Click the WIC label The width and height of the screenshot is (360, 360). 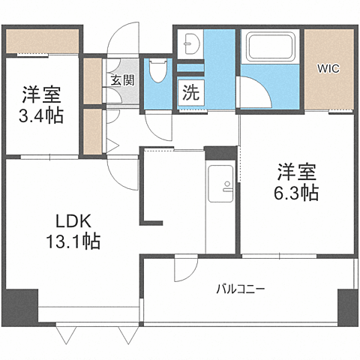point(328,69)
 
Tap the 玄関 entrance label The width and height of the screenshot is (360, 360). point(122,79)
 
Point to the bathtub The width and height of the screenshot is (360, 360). point(271,48)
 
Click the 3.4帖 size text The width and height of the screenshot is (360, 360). point(41,115)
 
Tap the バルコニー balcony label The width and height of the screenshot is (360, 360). point(240,288)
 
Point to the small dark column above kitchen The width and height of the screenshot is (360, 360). point(220,153)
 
